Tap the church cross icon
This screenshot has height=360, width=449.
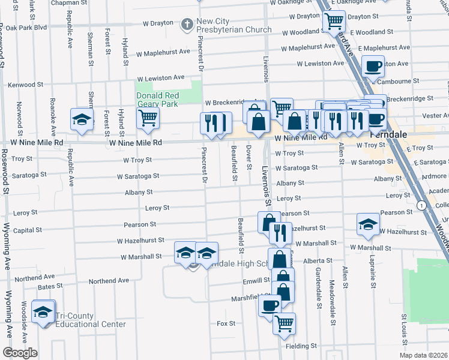tap(187, 25)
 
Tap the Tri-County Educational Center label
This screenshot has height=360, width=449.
tap(91, 320)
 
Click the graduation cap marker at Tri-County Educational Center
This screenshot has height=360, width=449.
tap(43, 312)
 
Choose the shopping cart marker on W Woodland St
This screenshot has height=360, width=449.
tap(334, 22)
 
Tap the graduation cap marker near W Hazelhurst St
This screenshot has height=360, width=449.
tap(368, 224)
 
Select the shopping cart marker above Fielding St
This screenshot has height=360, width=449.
tap(285, 323)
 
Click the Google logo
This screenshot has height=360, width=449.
tap(20, 353)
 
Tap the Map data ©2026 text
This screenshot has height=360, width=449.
tap(423, 355)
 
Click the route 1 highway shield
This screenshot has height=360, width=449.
tap(424, 205)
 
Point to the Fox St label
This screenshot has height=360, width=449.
tap(226, 323)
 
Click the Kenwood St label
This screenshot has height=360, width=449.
tap(22, 85)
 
